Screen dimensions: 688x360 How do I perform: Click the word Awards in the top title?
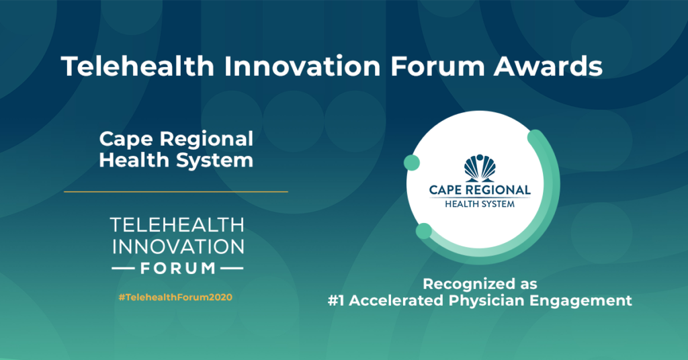click(548, 66)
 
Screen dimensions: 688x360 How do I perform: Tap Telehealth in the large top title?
click(138, 66)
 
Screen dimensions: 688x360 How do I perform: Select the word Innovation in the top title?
click(302, 66)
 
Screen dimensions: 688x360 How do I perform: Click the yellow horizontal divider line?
click(176, 191)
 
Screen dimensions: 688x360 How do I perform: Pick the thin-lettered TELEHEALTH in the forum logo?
click(177, 225)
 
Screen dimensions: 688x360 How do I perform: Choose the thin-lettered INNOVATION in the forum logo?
click(178, 246)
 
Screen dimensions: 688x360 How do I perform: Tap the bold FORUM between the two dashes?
click(177, 268)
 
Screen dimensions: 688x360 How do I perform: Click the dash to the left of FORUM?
click(124, 268)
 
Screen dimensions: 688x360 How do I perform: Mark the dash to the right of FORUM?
click(232, 268)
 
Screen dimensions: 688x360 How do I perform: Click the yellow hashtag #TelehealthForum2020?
click(175, 298)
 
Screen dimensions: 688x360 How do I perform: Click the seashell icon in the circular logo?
click(480, 168)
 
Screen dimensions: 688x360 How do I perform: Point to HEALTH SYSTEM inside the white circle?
click(480, 204)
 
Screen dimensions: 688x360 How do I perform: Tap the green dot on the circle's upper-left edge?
click(412, 163)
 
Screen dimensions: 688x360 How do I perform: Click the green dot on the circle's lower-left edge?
click(424, 231)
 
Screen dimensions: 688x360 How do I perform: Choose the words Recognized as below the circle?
click(480, 284)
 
